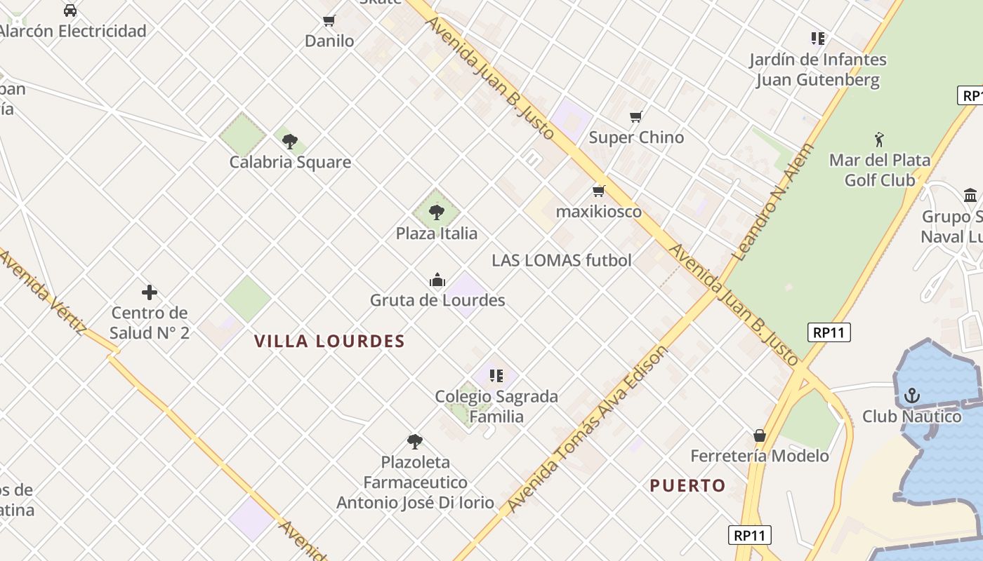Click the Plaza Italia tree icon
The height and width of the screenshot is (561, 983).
click(437, 212)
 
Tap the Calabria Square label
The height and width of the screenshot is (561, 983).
click(290, 162)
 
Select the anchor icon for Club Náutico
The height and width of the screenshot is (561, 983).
click(911, 396)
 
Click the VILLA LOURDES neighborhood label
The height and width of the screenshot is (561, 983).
click(329, 342)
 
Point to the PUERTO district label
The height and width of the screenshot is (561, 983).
click(687, 485)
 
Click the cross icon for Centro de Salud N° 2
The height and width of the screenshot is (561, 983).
click(149, 292)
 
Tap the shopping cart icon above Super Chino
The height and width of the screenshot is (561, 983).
click(636, 117)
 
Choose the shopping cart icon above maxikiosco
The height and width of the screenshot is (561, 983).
click(599, 191)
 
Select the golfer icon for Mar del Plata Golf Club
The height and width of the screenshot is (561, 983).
click(879, 140)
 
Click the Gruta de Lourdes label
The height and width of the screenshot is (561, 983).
click(437, 300)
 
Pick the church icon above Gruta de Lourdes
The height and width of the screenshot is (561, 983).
click(437, 280)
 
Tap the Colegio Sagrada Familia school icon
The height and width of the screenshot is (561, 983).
click(496, 376)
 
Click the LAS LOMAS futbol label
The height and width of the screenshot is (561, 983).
click(562, 260)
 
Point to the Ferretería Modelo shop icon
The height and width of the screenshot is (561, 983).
click(759, 435)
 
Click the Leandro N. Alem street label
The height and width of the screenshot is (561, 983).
click(772, 203)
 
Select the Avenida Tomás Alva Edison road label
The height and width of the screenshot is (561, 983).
click(587, 429)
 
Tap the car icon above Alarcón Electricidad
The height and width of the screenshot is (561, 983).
click(70, 11)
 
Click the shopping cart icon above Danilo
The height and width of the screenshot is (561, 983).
click(329, 21)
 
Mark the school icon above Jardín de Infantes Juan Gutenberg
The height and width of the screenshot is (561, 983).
click(817, 39)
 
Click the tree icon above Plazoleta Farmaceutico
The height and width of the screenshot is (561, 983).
click(415, 442)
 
